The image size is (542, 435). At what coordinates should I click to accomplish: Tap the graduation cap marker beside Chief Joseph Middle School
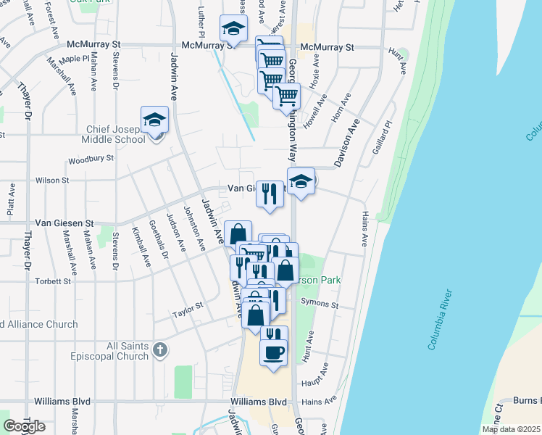pyautogui.click(x=154, y=119)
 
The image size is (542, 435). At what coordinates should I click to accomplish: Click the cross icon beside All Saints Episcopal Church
pyautogui.click(x=160, y=351)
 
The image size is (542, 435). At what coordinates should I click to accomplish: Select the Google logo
pyautogui.click(x=24, y=426)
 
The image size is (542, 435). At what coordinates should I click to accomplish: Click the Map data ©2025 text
pyautogui.click(x=512, y=429)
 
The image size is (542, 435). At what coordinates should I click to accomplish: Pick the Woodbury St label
pyautogui.click(x=91, y=159)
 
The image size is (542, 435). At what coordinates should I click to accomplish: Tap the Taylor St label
pyautogui.click(x=187, y=313)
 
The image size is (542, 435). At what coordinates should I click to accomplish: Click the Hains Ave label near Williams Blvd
pyautogui.click(x=320, y=400)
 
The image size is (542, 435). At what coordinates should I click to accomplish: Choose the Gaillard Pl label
pyautogui.click(x=384, y=134)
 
